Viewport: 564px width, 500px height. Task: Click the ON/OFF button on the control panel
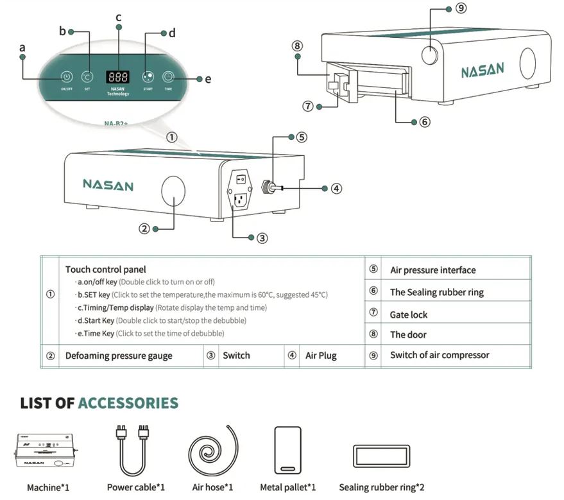point(66,76)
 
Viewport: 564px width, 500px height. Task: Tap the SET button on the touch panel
point(87,76)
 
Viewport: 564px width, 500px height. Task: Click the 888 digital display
point(117,76)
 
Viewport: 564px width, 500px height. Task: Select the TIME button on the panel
point(168,76)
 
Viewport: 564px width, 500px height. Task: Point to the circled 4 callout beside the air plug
point(336,188)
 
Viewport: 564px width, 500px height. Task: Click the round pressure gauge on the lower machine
point(172,192)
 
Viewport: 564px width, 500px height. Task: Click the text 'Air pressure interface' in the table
point(432,270)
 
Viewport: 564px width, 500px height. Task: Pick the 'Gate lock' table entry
point(408,315)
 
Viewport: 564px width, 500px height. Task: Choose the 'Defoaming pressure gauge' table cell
point(119,356)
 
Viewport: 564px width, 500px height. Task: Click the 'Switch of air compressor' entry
point(440,355)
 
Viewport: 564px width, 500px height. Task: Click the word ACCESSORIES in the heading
point(128,403)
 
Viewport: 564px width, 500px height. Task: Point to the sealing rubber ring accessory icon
point(381,455)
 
